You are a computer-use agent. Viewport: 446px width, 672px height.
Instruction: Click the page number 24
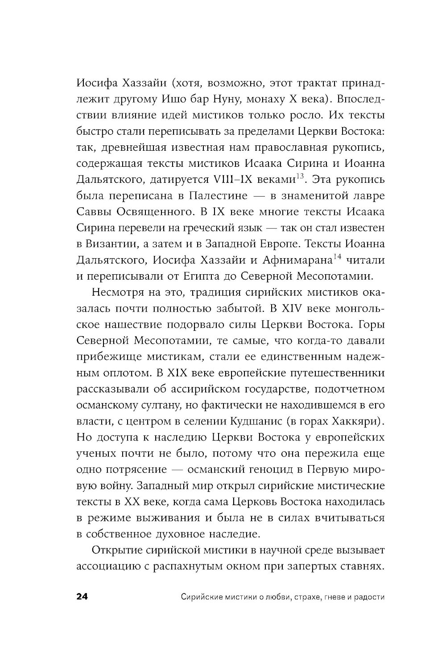click(83, 597)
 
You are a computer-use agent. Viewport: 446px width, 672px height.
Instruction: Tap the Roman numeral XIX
click(182, 373)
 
